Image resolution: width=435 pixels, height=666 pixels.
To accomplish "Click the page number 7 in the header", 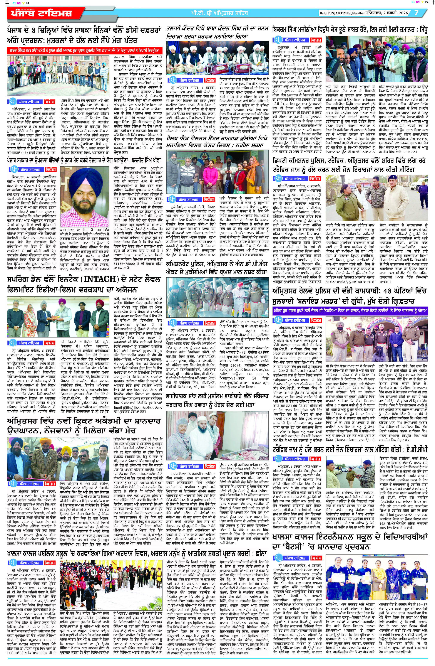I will pos(416,13).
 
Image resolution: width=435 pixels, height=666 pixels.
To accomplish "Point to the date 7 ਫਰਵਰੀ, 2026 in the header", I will pos(397,13).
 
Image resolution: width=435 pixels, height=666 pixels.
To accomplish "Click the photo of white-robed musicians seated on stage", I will pos(217,58).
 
